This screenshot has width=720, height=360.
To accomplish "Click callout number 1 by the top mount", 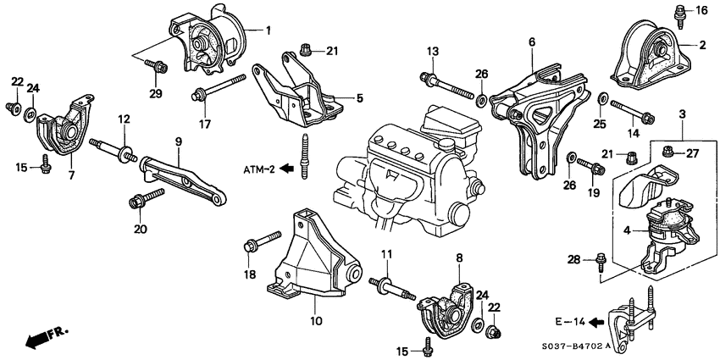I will tap(268, 30).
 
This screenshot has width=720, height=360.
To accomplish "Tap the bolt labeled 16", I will tap(679, 12).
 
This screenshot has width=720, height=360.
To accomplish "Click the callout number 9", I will tap(179, 141).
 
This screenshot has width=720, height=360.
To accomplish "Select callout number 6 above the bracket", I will tap(532, 41).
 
